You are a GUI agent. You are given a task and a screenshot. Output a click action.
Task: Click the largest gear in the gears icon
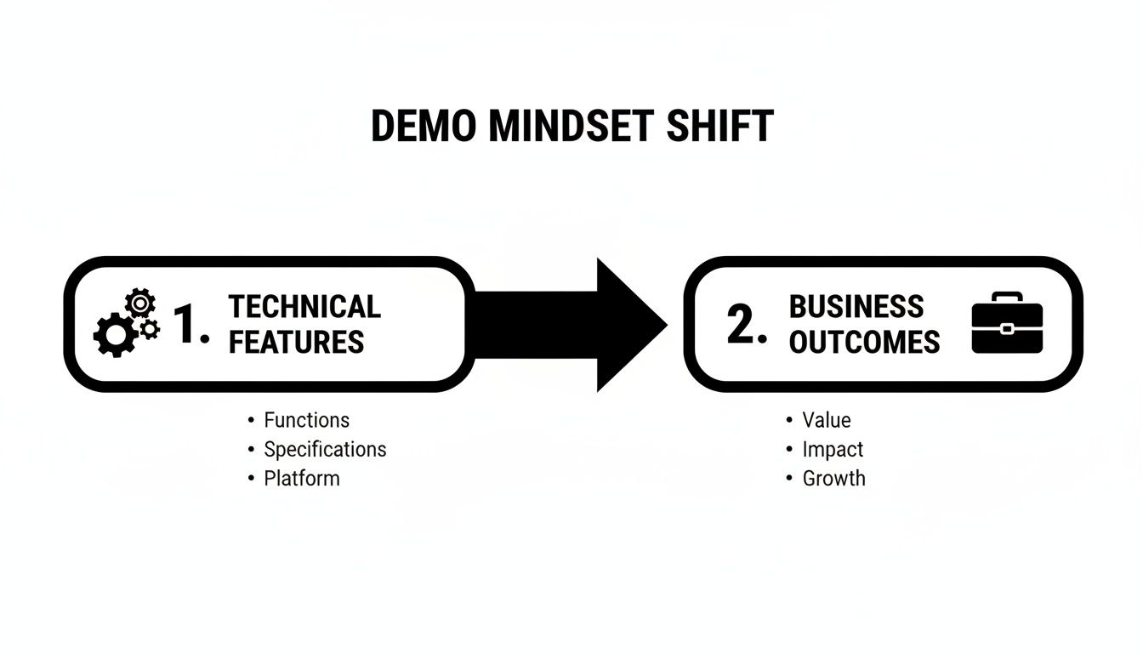114,334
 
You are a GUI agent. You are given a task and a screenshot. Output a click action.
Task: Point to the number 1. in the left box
191,325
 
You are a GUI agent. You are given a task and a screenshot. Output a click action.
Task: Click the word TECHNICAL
304,306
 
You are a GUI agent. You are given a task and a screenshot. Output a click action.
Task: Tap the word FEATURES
296,342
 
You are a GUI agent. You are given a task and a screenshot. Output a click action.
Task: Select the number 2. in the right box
747,325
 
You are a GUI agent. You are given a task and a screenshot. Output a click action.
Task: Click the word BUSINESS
856,306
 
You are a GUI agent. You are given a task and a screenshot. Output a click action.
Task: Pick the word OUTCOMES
864,342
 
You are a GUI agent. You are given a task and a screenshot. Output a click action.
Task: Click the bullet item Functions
306,420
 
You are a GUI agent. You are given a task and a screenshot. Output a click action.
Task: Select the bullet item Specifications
325,449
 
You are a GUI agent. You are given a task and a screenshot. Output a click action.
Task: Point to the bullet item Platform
301,478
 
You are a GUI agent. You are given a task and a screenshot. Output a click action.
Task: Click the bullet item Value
827,420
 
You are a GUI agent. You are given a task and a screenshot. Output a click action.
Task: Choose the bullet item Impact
833,449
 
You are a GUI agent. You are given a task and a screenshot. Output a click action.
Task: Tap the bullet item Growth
833,478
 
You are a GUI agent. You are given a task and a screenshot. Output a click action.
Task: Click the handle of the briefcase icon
1007,298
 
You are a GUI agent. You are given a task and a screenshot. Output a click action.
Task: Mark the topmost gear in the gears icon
139,302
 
